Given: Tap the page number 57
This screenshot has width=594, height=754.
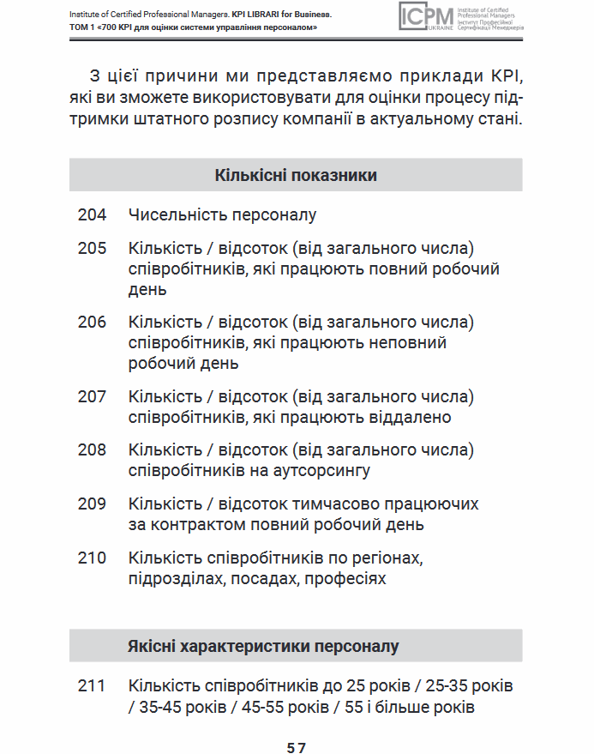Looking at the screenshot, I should click(297, 747).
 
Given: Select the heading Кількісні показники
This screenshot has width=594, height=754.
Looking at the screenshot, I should click(296, 176).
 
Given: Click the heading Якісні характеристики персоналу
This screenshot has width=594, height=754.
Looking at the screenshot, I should click(263, 646).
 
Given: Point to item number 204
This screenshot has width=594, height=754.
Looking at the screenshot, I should click(93, 215).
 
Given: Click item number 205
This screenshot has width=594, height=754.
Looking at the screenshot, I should click(93, 249).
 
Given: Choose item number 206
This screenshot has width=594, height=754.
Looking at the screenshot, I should click(93, 323).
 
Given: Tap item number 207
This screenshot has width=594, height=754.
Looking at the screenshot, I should click(93, 397).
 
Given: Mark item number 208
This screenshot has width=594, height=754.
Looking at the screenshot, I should click(93, 450).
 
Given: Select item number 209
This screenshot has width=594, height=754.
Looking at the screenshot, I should click(93, 504).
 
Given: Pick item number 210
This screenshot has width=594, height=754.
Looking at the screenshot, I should click(93, 558).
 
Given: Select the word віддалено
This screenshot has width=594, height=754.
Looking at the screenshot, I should click(402, 418).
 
